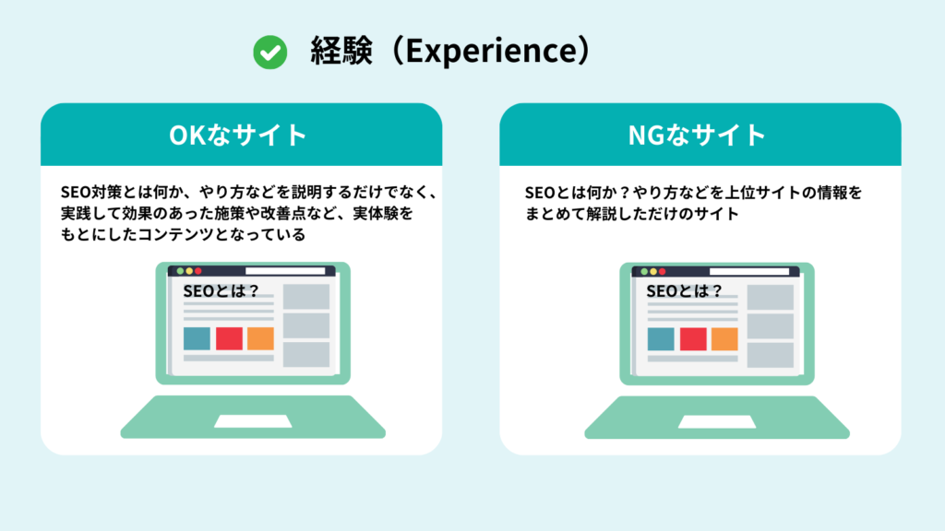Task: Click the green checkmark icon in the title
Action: click(269, 53)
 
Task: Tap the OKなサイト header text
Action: click(238, 135)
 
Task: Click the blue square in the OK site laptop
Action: click(197, 338)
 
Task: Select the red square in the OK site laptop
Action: click(229, 338)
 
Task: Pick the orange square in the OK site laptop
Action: click(260, 338)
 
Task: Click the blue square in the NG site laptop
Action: click(661, 338)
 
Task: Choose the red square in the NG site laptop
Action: click(693, 338)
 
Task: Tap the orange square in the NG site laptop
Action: click(724, 338)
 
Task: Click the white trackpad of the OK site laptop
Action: click(252, 421)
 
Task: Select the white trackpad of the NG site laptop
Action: click(716, 421)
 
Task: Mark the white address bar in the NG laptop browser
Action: click(748, 271)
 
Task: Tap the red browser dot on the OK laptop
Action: click(198, 271)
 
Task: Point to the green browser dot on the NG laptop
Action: click(644, 271)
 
